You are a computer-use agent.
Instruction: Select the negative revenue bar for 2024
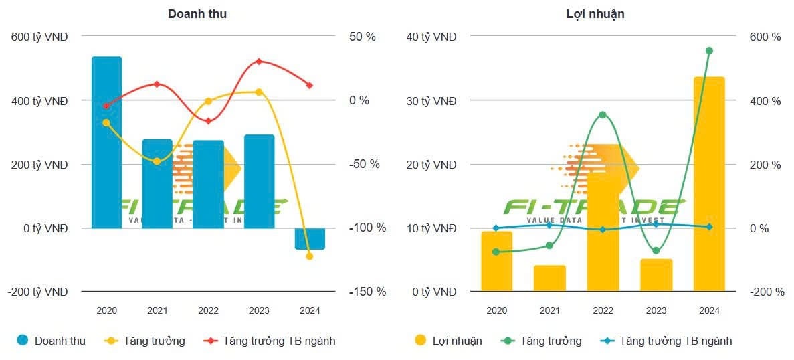[x=310, y=238]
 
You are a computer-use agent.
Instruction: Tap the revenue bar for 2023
[x=259, y=181]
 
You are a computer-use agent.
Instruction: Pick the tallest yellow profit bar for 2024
[x=709, y=184]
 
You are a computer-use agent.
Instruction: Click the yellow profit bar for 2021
[x=549, y=278]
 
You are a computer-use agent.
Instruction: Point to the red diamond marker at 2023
[x=259, y=62]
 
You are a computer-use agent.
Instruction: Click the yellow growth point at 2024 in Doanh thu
[x=310, y=256]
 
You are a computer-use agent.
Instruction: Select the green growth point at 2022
[x=603, y=115]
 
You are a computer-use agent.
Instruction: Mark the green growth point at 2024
[x=709, y=51]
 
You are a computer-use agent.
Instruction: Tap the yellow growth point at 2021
[x=157, y=161]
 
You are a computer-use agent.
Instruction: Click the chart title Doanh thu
[x=197, y=14]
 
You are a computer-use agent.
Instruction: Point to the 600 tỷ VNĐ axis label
[x=39, y=37]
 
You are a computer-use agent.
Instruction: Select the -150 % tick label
[x=367, y=292]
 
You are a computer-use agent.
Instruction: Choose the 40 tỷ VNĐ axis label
[x=431, y=37]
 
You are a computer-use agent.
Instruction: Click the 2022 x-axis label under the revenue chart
[x=208, y=311]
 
